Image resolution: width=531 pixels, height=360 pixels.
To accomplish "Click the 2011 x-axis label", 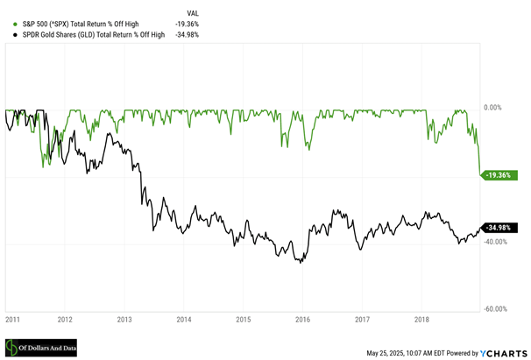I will click(12, 321).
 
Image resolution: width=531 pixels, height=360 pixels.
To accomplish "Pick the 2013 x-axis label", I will click(124, 321).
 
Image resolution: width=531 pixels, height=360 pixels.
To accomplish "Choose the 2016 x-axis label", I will click(303, 321).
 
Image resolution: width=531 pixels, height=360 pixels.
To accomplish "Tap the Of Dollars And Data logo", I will click(40, 349).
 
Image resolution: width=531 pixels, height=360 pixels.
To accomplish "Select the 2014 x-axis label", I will click(184, 321).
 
